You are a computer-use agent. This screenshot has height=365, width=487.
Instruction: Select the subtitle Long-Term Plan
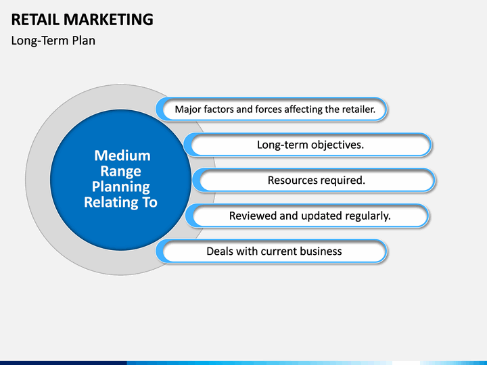coord(53,41)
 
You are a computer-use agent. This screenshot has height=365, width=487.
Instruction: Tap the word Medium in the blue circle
coord(122,155)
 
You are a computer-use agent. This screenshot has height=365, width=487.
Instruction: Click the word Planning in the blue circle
coord(121,187)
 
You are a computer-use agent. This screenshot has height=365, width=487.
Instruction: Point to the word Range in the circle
coord(122,171)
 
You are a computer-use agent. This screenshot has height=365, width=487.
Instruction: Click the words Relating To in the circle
coord(120,202)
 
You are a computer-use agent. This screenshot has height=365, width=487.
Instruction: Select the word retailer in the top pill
coord(365,109)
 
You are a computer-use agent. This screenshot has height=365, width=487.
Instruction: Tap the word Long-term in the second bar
coord(282,145)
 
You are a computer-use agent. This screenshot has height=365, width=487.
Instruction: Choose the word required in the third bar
coord(344,180)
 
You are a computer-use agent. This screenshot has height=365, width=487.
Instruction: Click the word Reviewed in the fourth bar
coord(254,216)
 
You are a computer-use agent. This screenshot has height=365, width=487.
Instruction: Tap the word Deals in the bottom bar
coord(221,251)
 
